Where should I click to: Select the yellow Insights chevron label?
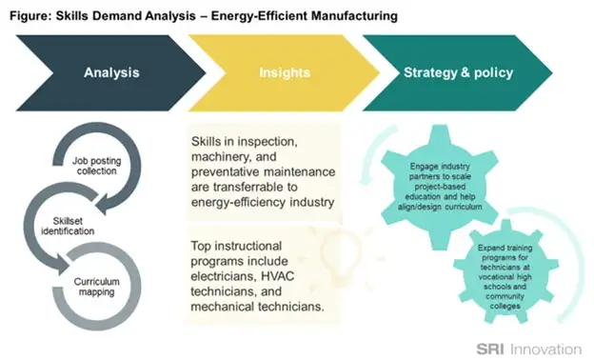[x=284, y=72]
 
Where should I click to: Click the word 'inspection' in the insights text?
[x=276, y=141]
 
